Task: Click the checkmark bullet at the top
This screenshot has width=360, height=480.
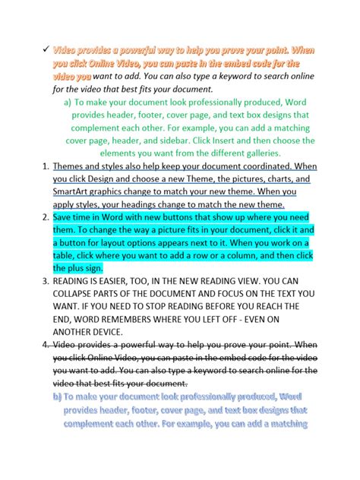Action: click(44, 49)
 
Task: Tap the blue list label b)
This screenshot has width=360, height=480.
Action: click(57, 396)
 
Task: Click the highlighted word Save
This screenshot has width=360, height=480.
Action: click(65, 216)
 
